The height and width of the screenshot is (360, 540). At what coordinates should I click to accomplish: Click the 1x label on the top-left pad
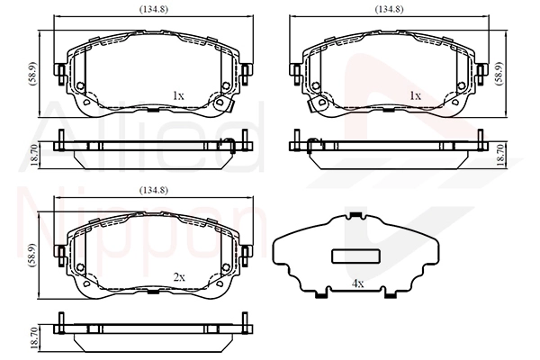pyautogui.click(x=178, y=94)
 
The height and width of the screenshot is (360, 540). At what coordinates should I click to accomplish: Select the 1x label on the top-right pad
pyautogui.click(x=415, y=94)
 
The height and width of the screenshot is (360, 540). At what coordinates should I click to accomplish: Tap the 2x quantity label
pyautogui.click(x=178, y=277)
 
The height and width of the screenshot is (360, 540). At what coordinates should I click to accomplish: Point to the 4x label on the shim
pyautogui.click(x=358, y=284)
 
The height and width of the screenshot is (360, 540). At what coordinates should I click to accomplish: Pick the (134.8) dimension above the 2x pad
pyautogui.click(x=151, y=190)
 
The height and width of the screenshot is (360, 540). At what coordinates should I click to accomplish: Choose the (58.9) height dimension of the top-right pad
pyautogui.click(x=510, y=71)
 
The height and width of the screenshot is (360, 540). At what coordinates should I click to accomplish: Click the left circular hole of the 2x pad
pyautogui.click(x=80, y=269)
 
